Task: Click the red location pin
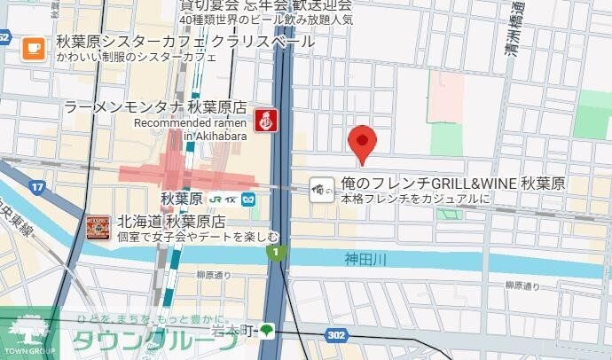pos(361,143)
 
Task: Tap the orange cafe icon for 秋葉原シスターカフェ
pos(34,48)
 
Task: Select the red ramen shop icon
pos(263,121)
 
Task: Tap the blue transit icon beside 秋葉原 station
pos(251,199)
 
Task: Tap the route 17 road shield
pos(37,187)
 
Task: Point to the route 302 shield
pos(335,336)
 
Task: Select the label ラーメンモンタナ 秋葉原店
pos(155,107)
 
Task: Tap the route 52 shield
pos(4,38)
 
